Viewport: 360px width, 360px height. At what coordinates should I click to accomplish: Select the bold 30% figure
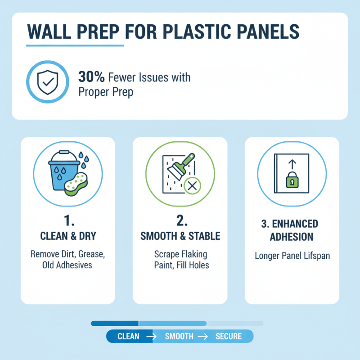[x=91, y=77]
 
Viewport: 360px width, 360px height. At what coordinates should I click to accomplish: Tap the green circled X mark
[x=193, y=185]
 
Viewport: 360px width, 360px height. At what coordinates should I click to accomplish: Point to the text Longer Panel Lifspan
[x=292, y=256]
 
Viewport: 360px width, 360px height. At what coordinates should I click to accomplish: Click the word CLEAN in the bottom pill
[x=128, y=337]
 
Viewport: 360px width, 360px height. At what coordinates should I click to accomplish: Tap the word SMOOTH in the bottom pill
[x=179, y=337]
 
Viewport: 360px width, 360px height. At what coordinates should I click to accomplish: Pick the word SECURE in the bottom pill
[x=229, y=337]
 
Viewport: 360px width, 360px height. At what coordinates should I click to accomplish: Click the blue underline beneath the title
[x=75, y=45]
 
